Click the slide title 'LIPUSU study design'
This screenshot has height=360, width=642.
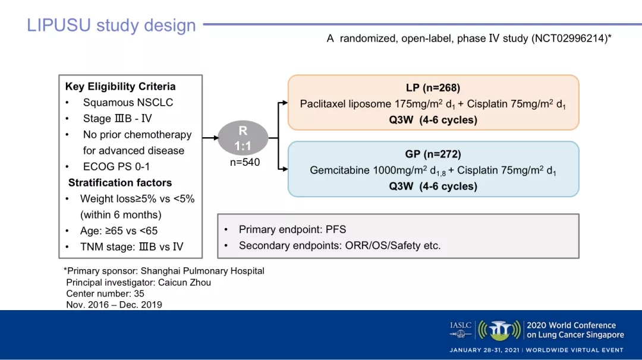(111, 26)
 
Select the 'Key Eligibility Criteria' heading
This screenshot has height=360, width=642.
(120, 87)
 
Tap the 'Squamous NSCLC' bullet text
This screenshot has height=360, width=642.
(128, 103)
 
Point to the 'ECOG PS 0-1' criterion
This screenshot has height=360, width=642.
(117, 167)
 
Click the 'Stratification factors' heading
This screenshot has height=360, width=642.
(120, 183)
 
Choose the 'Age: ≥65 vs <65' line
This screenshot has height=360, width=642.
(119, 231)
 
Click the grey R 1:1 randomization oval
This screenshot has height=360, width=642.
(243, 138)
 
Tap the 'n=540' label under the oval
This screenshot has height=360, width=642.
(245, 162)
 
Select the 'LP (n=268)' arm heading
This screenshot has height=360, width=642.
(433, 89)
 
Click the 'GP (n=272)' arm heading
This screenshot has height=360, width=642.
(433, 154)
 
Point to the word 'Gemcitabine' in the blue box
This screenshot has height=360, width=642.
(339, 170)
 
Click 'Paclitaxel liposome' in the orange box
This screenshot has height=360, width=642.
(345, 104)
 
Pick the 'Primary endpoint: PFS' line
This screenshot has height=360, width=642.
(292, 229)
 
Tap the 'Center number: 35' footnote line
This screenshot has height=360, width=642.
(105, 293)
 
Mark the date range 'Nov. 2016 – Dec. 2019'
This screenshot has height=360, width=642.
(114, 305)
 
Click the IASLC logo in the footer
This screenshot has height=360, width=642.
(461, 326)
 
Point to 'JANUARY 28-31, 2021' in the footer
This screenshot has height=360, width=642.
(484, 350)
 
